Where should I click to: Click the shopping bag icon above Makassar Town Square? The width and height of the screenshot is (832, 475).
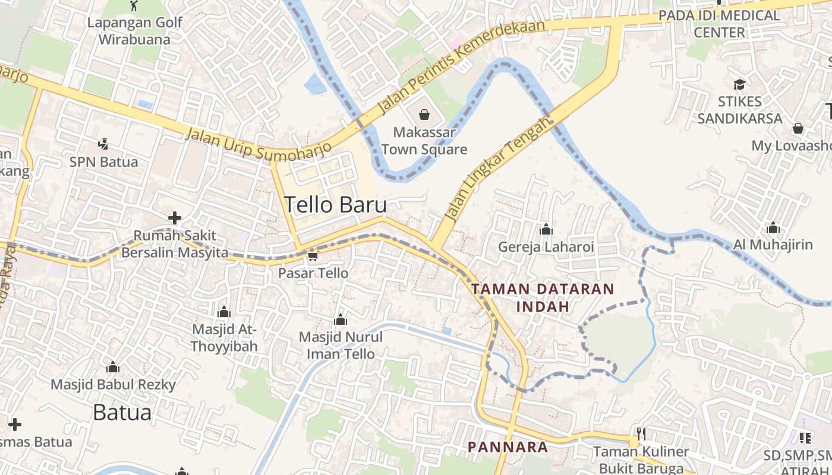(424, 113)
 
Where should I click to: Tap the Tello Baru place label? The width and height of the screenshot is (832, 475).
(335, 205)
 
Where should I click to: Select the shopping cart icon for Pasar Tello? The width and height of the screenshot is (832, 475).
(313, 256)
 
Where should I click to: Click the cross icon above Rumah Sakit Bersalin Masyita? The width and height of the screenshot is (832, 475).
(175, 218)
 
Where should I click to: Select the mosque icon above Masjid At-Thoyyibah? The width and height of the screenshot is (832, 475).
(224, 312)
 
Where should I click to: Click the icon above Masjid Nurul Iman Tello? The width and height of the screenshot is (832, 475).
(341, 320)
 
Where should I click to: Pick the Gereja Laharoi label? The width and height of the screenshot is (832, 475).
(546, 246)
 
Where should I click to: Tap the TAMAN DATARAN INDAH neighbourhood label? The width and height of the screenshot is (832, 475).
(543, 297)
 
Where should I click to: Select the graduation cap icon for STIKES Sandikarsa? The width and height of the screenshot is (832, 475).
(739, 84)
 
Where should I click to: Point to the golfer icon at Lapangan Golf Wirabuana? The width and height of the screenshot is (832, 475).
(134, 7)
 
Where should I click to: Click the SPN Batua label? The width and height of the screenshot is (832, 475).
(103, 161)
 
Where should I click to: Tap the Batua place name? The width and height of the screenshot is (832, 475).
(122, 411)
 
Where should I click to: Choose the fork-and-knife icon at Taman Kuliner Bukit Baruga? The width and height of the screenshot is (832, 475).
(640, 434)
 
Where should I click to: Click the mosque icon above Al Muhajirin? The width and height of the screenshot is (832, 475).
(773, 228)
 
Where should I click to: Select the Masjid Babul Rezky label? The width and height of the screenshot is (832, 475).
(113, 384)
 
